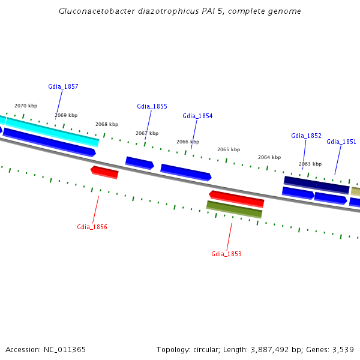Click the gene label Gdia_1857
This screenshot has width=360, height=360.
(63, 86)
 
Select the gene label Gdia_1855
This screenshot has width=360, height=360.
(152, 106)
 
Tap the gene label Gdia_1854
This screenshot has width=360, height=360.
(197, 116)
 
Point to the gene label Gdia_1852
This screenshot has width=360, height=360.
(306, 136)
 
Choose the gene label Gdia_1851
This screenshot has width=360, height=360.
(341, 142)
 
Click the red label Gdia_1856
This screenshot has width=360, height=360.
(92, 227)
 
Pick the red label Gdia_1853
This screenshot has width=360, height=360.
(226, 254)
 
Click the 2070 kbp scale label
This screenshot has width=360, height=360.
(26, 106)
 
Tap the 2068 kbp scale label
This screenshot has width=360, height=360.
(107, 124)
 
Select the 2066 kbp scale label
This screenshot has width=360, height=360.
(188, 142)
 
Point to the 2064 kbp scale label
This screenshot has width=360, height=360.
(269, 157)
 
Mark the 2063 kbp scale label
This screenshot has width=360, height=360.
(310, 164)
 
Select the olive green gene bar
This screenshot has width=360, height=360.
(234, 209)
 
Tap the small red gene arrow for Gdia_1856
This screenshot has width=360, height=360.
(104, 172)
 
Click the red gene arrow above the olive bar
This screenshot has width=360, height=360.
(236, 198)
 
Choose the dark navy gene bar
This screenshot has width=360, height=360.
(316, 184)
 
